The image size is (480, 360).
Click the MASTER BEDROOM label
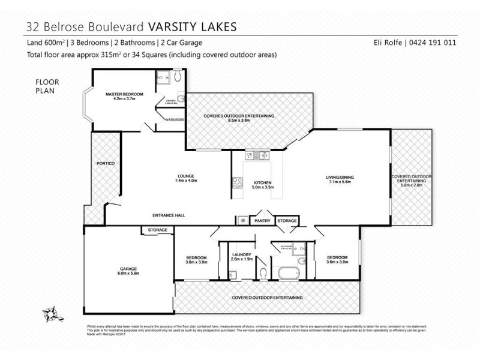(x=124, y=94)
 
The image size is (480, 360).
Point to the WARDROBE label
(x=175, y=120)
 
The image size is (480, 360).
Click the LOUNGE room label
(x=185, y=176)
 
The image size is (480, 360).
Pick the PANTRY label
(x=262, y=221)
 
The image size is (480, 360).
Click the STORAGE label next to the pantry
(x=287, y=221)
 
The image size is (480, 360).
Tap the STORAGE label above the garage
(x=157, y=230)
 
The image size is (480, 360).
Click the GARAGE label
(x=128, y=268)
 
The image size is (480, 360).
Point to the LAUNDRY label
(x=241, y=255)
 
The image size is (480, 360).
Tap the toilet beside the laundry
(x=264, y=274)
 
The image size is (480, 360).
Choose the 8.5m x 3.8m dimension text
(x=239, y=121)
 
